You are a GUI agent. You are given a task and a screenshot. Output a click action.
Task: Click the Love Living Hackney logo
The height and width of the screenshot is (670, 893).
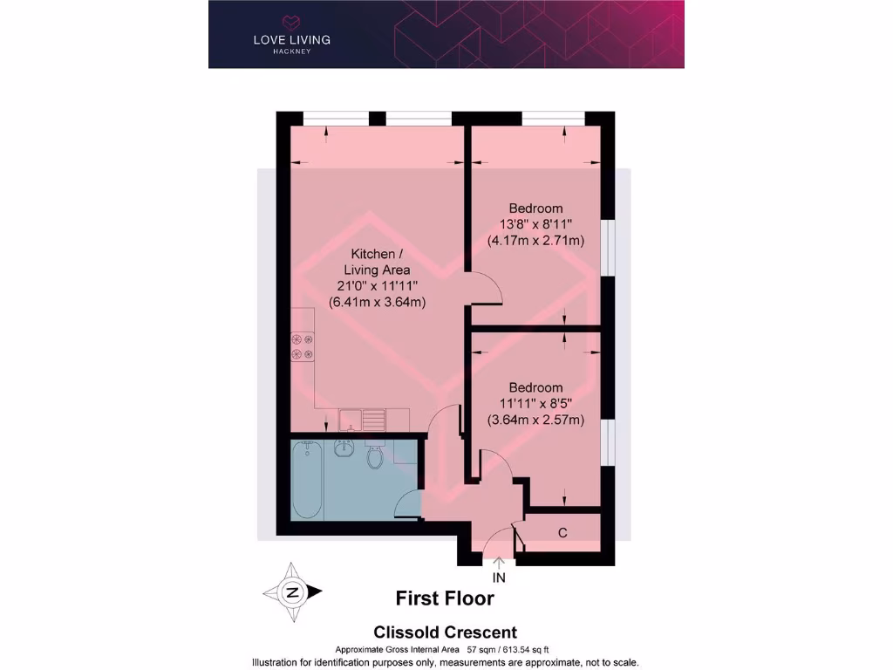(x=291, y=32)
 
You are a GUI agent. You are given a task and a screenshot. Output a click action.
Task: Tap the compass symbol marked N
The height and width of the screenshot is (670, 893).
(x=292, y=592)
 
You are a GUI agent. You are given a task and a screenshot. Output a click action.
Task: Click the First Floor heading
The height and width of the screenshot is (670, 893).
(x=445, y=598)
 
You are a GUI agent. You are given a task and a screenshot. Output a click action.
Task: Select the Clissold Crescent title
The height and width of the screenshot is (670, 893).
(x=445, y=632)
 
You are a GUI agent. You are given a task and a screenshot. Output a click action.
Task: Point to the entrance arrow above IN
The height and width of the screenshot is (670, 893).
(x=499, y=563)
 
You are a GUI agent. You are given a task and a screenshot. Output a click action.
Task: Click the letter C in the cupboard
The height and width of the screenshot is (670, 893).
(x=562, y=532)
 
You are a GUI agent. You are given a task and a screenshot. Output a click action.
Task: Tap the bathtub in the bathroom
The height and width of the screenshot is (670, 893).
(x=308, y=480)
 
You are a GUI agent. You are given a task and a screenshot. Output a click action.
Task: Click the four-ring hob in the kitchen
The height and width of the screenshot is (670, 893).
(x=303, y=346)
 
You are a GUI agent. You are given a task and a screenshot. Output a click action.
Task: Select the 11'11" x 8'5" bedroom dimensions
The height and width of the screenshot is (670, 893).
(x=535, y=403)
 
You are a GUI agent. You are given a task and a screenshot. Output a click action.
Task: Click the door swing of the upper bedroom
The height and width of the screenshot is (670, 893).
(x=485, y=288)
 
